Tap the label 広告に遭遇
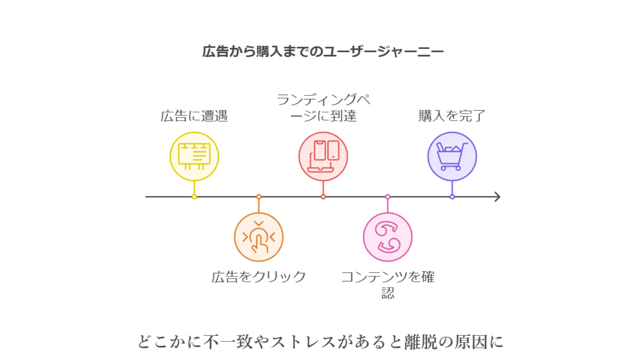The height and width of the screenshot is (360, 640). pos(194,116)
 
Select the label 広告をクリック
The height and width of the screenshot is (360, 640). pos(259,277)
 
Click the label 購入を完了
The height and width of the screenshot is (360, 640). pos(452,116)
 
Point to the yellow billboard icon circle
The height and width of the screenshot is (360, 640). pos(194,156)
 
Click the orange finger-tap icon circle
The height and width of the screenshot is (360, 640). pos(259,237)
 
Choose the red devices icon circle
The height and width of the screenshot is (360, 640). pos(323,156)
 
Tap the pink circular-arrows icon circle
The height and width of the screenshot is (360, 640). pos(388,237)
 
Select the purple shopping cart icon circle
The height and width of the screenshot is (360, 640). pos(452,156)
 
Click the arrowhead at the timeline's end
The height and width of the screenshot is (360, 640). pos(497,197)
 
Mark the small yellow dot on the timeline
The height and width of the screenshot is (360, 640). pos(194,197)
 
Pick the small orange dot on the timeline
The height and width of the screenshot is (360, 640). pos(259,197)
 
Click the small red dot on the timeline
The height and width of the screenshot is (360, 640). pos(323,197)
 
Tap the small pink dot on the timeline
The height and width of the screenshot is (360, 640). pos(388,197)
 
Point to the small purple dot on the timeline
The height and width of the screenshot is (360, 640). pos(452,197)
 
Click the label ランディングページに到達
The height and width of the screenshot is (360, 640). pos(323,108)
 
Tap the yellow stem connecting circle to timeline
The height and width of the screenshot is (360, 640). pos(194,188)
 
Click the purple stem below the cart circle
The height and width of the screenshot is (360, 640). pos(452,188)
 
